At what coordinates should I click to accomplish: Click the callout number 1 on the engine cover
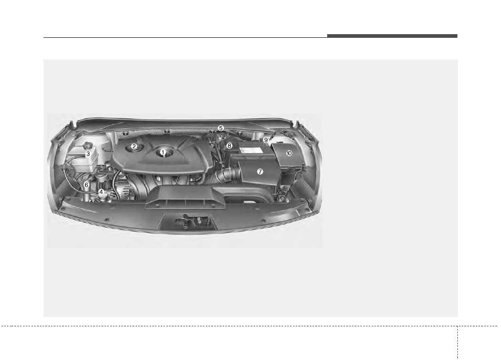tap(163, 152)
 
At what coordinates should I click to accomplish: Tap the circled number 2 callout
tap(134, 147)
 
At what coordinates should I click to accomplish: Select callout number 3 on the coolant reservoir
tap(88, 154)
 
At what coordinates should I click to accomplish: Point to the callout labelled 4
tap(101, 192)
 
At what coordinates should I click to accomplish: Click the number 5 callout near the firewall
tap(221, 128)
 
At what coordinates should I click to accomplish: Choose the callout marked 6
tap(86, 185)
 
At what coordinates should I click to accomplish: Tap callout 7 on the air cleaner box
tap(260, 172)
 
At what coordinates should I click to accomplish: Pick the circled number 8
tap(229, 146)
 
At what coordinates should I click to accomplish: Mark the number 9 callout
tap(266, 140)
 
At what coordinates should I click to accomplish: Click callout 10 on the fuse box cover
tap(289, 153)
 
